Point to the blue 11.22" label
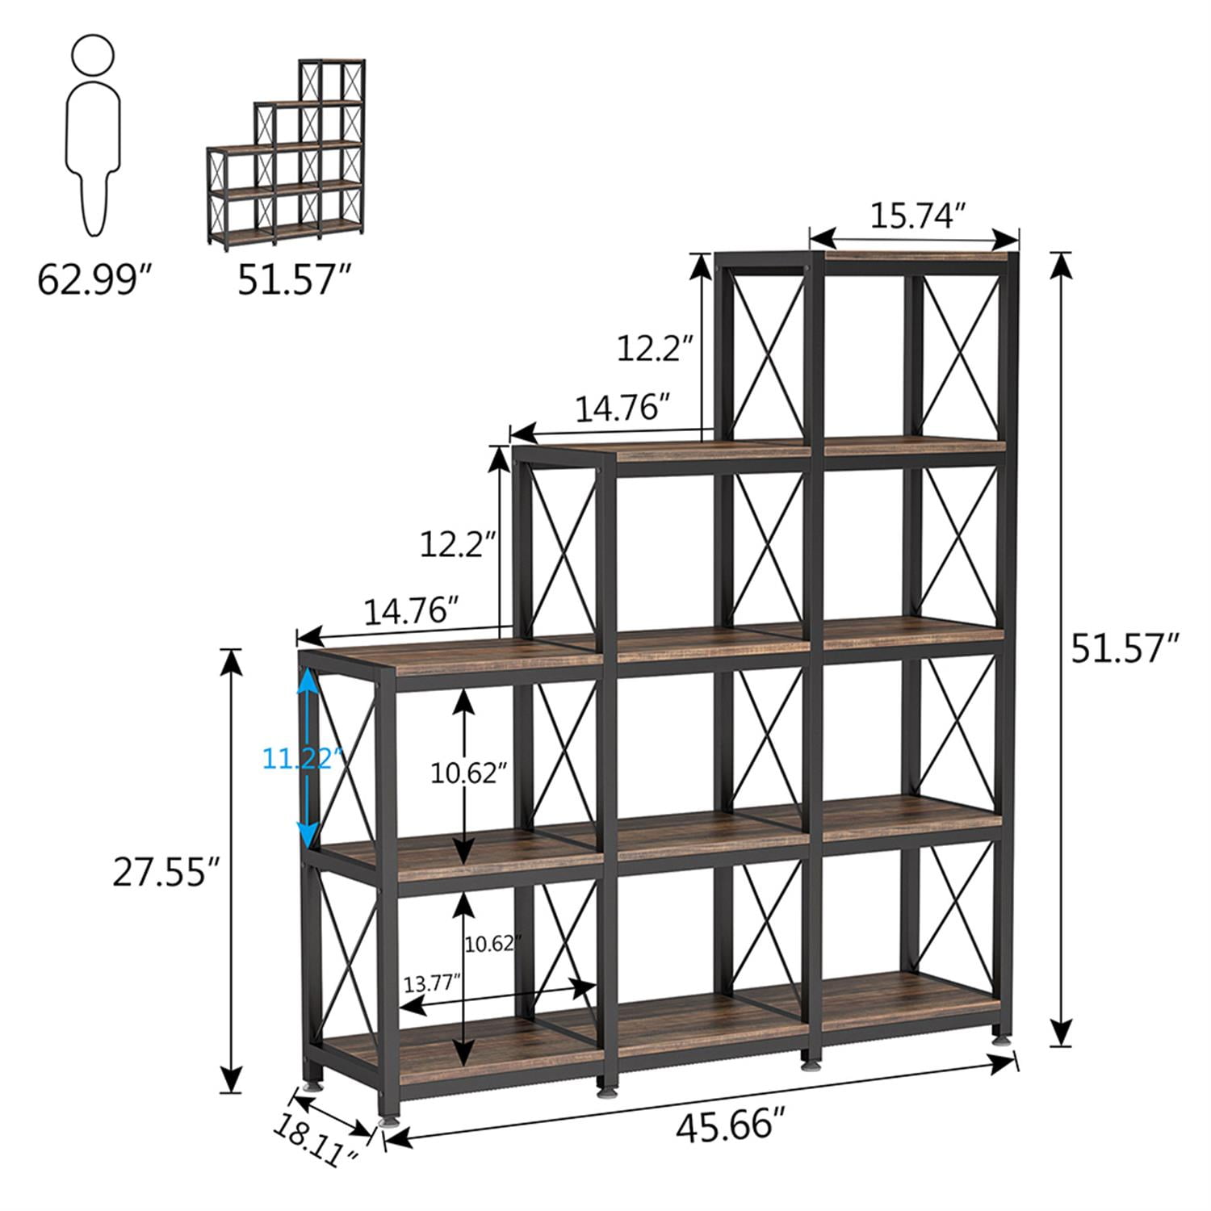tap(304, 760)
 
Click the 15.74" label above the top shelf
tap(916, 216)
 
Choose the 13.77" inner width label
tap(432, 983)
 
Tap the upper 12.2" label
tap(655, 350)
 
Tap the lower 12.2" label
tap(456, 544)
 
